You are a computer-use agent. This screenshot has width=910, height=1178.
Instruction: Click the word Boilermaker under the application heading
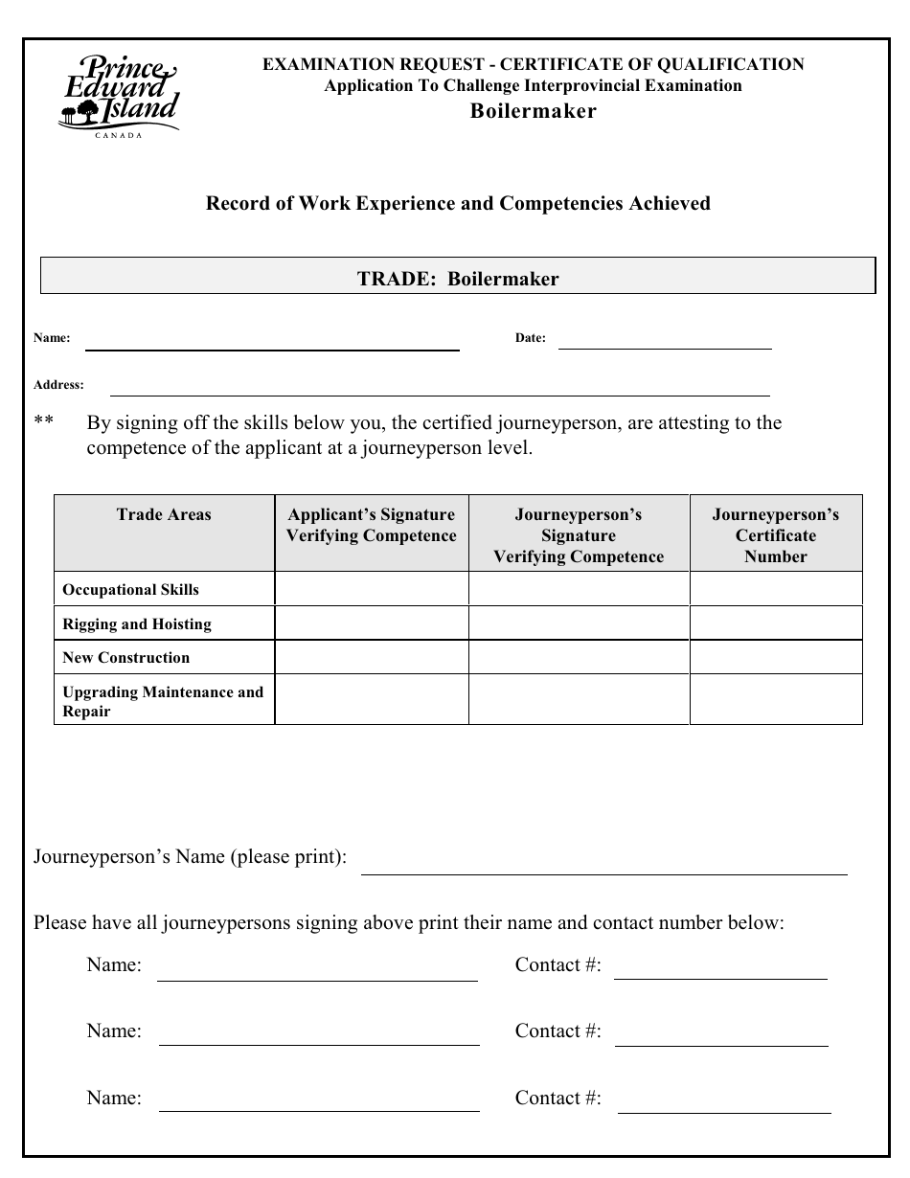click(533, 111)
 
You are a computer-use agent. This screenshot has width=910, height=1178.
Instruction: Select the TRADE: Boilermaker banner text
click(458, 279)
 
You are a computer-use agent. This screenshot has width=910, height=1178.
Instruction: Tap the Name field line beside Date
click(272, 343)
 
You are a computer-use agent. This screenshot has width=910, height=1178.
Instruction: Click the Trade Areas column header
click(164, 515)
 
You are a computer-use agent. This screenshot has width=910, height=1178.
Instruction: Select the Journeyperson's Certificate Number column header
click(775, 535)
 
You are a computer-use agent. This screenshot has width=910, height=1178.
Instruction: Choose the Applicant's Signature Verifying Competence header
click(371, 526)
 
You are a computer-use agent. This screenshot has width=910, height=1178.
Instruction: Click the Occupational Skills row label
click(131, 590)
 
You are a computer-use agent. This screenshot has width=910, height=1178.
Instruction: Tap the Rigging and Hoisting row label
click(137, 624)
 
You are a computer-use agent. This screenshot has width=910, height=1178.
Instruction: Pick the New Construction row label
click(126, 658)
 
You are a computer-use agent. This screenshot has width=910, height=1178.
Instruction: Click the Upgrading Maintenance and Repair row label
click(163, 701)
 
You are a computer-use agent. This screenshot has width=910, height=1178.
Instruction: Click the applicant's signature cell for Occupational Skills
click(372, 589)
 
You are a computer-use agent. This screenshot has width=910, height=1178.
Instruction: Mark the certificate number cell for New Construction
click(775, 657)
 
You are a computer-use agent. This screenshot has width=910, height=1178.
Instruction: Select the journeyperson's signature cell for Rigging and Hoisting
click(578, 623)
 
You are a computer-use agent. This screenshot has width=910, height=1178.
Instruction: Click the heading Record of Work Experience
click(458, 203)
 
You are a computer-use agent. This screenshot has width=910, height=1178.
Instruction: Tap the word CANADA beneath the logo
click(119, 135)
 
